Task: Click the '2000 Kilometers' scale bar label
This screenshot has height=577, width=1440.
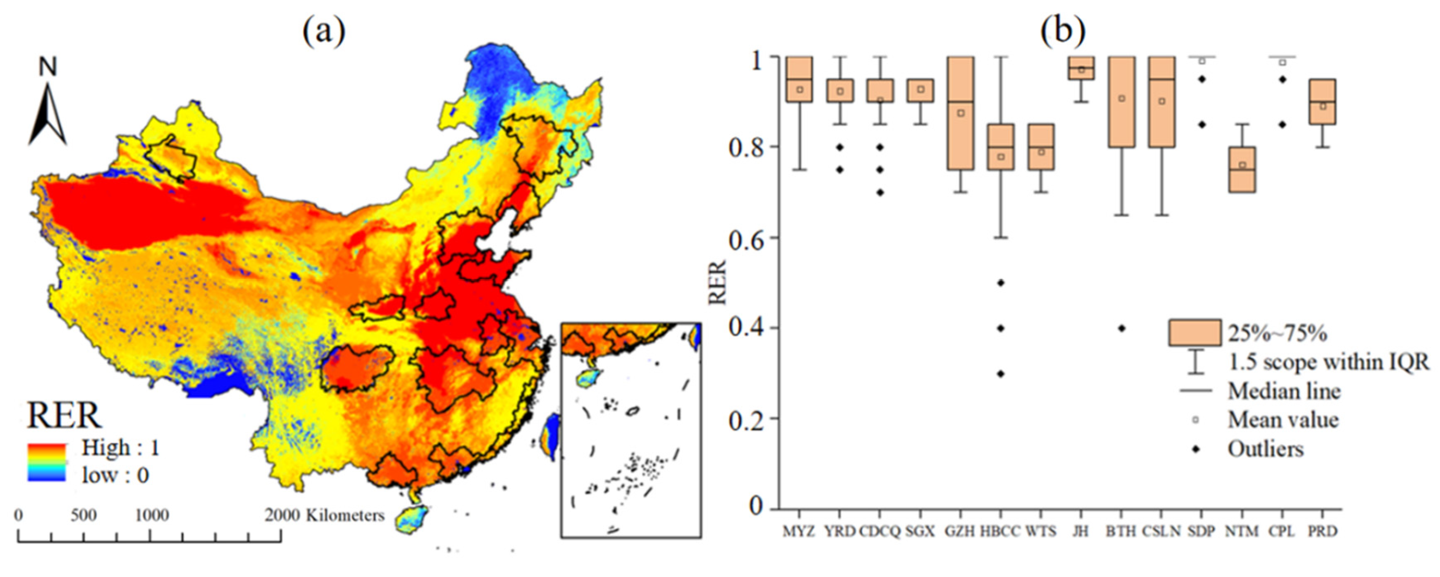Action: coord(324,515)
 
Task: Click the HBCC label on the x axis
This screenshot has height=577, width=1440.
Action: coord(1000,531)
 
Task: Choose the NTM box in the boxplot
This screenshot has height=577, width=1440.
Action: coord(1242,170)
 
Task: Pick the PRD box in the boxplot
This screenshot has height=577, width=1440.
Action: coord(1323,102)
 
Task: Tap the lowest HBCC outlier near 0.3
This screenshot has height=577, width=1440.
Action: coord(1000,374)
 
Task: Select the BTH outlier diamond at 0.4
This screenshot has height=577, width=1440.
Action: coord(1121,329)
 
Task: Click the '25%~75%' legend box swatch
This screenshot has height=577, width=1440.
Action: coord(1195,333)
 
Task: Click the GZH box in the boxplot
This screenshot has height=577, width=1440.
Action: coord(960,113)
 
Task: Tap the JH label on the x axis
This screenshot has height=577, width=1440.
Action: coord(1081,531)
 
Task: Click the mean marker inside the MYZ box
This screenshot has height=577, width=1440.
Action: coord(800,89)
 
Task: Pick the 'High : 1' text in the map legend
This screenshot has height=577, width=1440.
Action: coord(121,447)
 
